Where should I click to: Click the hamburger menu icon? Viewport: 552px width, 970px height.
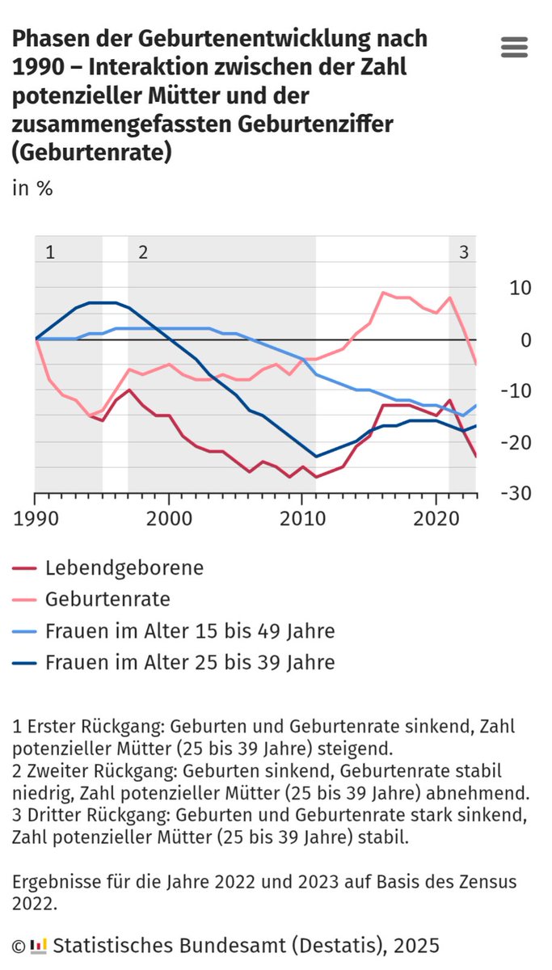(514, 47)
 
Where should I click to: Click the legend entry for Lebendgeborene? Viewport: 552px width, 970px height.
(124, 568)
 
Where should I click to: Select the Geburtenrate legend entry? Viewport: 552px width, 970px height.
(107, 600)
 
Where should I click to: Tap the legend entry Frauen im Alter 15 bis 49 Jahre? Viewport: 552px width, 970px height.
(190, 631)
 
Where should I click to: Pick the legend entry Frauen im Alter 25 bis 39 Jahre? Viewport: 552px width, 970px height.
(190, 663)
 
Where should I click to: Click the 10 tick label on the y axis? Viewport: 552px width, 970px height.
(520, 289)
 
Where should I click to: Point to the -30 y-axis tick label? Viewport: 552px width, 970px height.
(515, 493)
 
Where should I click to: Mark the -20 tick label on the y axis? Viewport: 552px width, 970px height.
(515, 442)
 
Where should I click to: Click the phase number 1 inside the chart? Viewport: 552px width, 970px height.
(50, 251)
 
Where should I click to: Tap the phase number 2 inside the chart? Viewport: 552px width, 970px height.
(143, 251)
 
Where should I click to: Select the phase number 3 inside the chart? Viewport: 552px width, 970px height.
(463, 251)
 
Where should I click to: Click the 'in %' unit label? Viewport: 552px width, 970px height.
(32, 188)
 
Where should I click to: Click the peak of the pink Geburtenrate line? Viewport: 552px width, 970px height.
(383, 293)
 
